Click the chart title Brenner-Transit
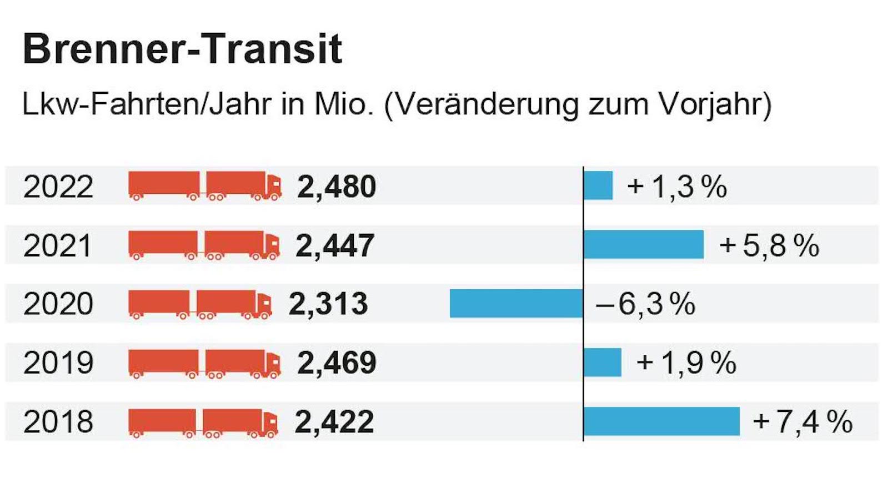point(182,49)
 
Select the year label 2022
point(58,187)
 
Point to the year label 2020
point(58,304)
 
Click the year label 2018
point(58,422)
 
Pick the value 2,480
point(337,187)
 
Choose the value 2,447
point(335,245)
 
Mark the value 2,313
point(328,304)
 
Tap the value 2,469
point(337,363)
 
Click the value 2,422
point(334,422)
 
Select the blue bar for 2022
point(598,185)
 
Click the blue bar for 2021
point(644,244)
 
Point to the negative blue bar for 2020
point(517,303)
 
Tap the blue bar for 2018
point(662,421)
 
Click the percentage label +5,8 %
point(769,245)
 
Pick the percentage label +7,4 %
point(803,422)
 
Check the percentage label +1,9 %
point(686,363)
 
